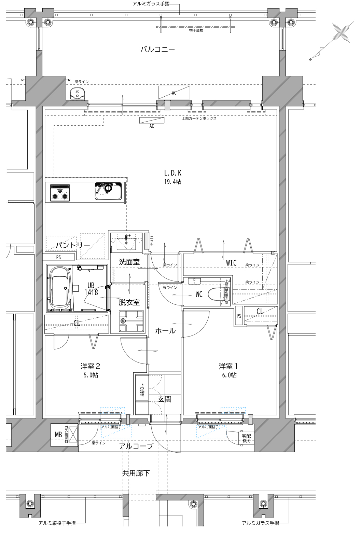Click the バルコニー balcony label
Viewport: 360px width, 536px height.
tap(158, 49)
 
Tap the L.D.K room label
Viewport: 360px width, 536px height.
tap(173, 173)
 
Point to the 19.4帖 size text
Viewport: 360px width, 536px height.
tap(173, 182)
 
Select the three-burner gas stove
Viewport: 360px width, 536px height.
tap(60, 193)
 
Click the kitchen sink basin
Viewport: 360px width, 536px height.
tap(108, 191)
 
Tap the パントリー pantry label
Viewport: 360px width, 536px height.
tap(73, 245)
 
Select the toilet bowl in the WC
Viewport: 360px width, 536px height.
tap(216, 294)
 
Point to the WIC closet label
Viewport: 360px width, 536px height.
tap(231, 263)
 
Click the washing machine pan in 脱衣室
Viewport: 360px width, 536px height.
tap(131, 321)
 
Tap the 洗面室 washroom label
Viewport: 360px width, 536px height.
tap(129, 262)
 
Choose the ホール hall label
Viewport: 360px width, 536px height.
tap(165, 331)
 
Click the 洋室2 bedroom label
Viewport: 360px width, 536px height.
tap(90, 366)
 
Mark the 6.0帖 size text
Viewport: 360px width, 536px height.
tap(229, 375)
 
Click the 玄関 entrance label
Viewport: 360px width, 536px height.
tap(164, 399)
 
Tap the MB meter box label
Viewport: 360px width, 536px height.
tap(58, 435)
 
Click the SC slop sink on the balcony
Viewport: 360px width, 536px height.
tap(77, 94)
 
